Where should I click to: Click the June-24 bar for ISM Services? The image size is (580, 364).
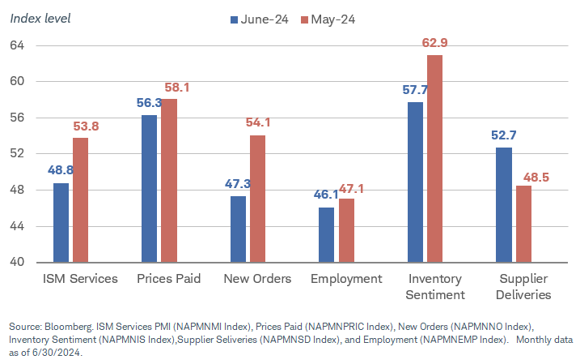tap(61, 222)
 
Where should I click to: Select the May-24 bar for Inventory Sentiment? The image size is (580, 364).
tap(435, 158)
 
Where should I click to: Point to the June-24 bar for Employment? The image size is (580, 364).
tap(327, 234)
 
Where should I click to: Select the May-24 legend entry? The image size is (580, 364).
tap(328, 19)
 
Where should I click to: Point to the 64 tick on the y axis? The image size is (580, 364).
tap(18, 45)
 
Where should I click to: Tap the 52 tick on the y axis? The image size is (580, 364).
tap(18, 154)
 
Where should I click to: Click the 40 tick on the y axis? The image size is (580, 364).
tap(18, 263)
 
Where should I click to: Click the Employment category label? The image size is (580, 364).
tap(346, 279)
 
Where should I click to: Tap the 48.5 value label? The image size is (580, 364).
tap(531, 176)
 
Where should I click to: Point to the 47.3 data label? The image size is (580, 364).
tap(237, 184)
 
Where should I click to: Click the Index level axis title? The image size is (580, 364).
tap(40, 18)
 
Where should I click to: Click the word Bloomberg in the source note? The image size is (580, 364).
tap(70, 326)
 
